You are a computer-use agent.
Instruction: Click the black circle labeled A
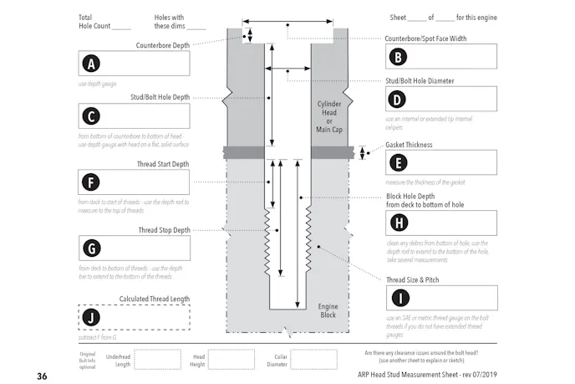click(x=90, y=64)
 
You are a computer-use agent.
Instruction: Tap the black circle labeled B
click(x=399, y=57)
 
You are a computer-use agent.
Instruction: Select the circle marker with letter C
click(x=90, y=116)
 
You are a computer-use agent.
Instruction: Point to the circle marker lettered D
click(x=399, y=99)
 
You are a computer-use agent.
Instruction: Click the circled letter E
click(x=399, y=163)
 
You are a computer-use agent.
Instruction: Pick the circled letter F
click(x=90, y=182)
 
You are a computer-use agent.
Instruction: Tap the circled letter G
click(x=90, y=248)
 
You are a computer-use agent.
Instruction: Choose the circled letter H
click(x=399, y=223)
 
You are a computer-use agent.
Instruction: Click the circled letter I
click(x=399, y=298)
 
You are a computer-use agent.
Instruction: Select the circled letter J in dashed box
click(x=90, y=316)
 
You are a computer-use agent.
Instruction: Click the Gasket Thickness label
click(x=408, y=144)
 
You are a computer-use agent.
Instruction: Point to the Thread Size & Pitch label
click(x=413, y=279)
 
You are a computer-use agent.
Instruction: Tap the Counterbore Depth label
click(x=162, y=45)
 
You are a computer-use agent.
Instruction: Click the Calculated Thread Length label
click(x=154, y=299)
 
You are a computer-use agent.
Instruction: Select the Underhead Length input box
click(x=157, y=359)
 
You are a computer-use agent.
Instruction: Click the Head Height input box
click(x=231, y=359)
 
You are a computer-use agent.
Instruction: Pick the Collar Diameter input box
click(x=313, y=359)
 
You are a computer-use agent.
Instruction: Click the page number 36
click(x=42, y=376)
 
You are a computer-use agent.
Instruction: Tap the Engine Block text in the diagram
click(x=328, y=310)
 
